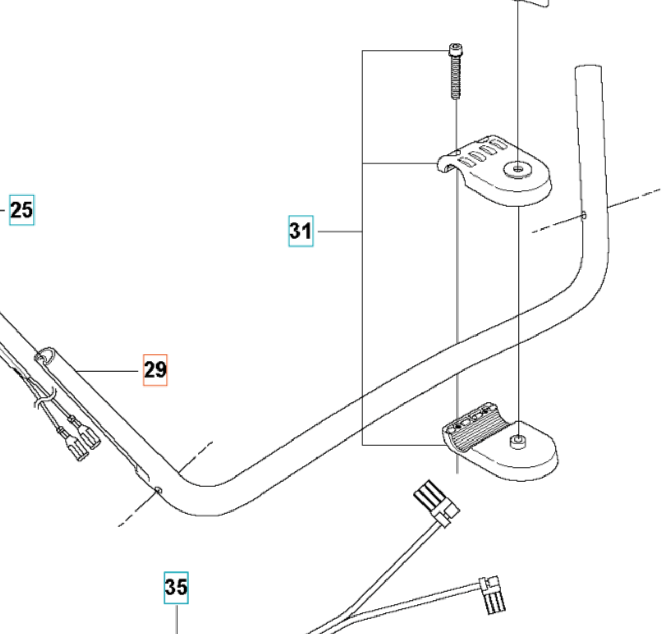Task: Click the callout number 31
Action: coord(301,231)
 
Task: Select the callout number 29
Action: coord(155,369)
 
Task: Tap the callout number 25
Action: coord(22,210)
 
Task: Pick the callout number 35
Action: coord(176,587)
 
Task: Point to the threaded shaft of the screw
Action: coord(455,77)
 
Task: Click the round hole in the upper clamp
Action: coord(517,168)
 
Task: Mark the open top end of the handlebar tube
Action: coord(588,68)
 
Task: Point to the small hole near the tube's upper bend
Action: coord(584,215)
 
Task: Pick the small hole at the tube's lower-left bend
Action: coord(158,490)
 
